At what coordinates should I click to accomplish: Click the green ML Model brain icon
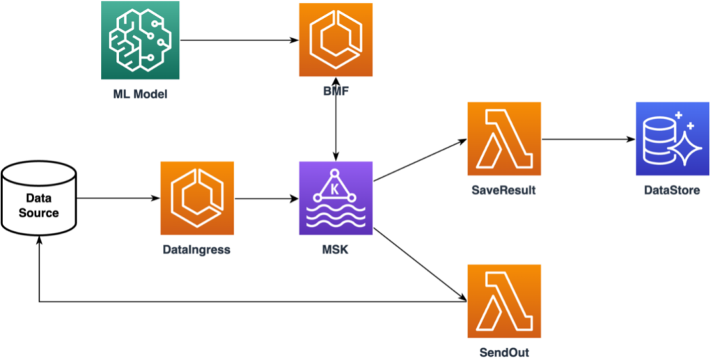click(x=139, y=40)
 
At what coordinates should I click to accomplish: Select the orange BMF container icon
click(x=336, y=40)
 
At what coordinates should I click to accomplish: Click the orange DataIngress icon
click(x=197, y=198)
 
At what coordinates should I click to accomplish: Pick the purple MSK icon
click(x=336, y=198)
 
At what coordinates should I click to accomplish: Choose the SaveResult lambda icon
click(x=505, y=139)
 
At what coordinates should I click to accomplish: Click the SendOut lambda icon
click(x=505, y=300)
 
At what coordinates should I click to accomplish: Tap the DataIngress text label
click(x=197, y=249)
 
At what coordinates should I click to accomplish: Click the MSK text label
click(x=336, y=249)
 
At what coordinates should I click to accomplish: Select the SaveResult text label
click(x=505, y=189)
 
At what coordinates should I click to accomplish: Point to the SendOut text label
click(x=505, y=352)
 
